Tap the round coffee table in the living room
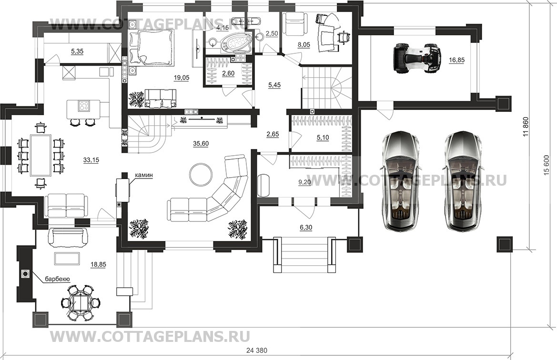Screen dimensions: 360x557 201,175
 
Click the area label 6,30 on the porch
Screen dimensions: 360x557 306,228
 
